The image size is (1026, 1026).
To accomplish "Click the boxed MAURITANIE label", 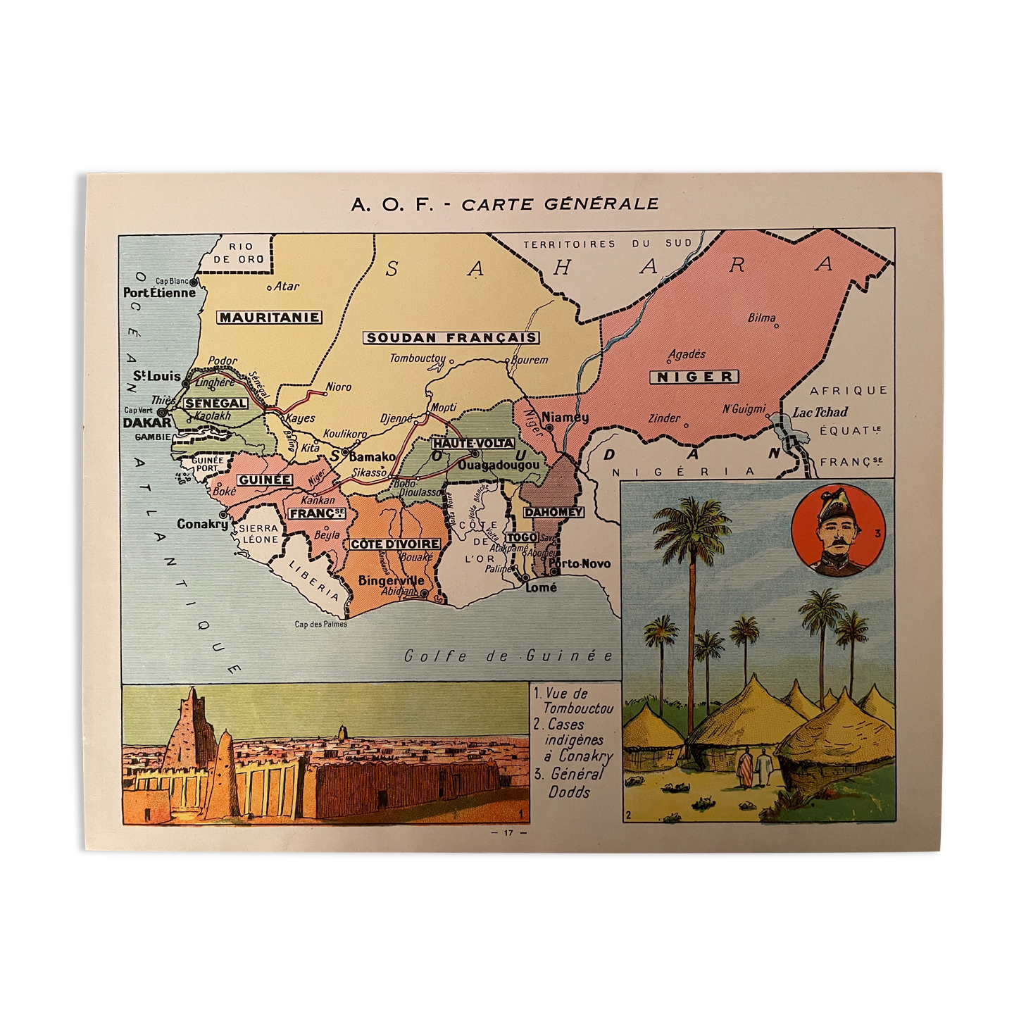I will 269,318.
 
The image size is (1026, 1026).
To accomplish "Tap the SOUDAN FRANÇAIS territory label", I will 451,338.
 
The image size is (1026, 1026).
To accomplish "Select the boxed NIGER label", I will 694,377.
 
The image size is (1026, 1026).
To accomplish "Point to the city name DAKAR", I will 147,423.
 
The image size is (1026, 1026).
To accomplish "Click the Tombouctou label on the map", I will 418,358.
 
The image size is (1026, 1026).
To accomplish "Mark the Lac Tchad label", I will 820,412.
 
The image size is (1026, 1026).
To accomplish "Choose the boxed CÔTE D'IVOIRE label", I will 395,544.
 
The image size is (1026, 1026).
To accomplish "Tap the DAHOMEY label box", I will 553,512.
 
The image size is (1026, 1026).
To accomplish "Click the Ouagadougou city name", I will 499,465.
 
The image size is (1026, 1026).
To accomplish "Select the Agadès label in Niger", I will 687,354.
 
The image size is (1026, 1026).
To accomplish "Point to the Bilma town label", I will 761,318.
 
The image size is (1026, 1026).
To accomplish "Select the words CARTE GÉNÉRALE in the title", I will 561,204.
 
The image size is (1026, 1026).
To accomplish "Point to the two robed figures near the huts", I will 755,768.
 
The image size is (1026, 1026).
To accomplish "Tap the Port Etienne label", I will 159,293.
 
